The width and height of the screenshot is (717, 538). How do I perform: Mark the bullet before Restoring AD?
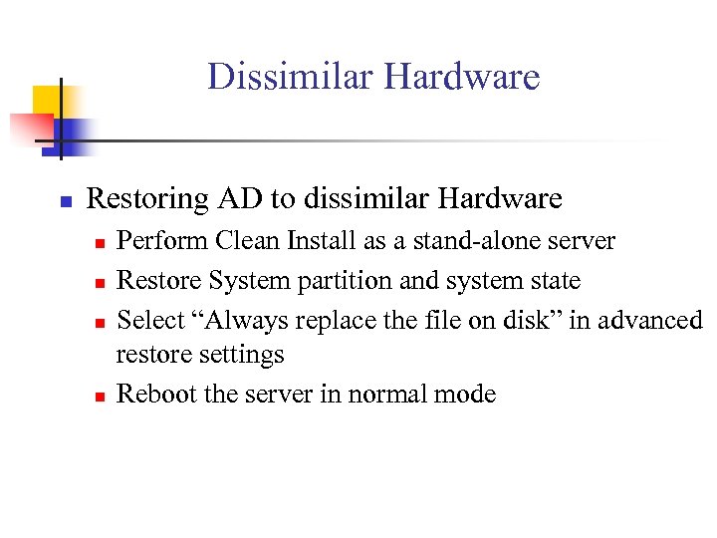pyautogui.click(x=63, y=201)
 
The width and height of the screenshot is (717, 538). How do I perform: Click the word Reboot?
pyautogui.click(x=156, y=394)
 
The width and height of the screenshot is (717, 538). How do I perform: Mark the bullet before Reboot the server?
pyautogui.click(x=98, y=396)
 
